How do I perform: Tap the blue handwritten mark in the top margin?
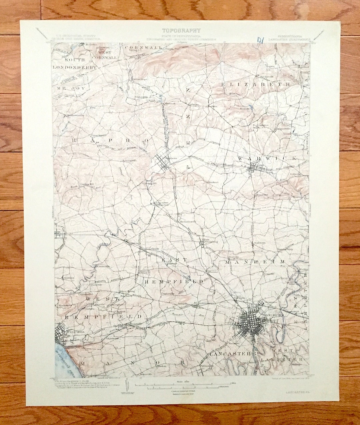260,40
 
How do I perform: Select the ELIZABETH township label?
256,85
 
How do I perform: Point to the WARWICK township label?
267,158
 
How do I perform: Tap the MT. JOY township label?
70,88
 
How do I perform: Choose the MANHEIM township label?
255,262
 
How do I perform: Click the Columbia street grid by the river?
63,333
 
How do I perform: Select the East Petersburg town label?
210,241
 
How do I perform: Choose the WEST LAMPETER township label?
282,355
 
